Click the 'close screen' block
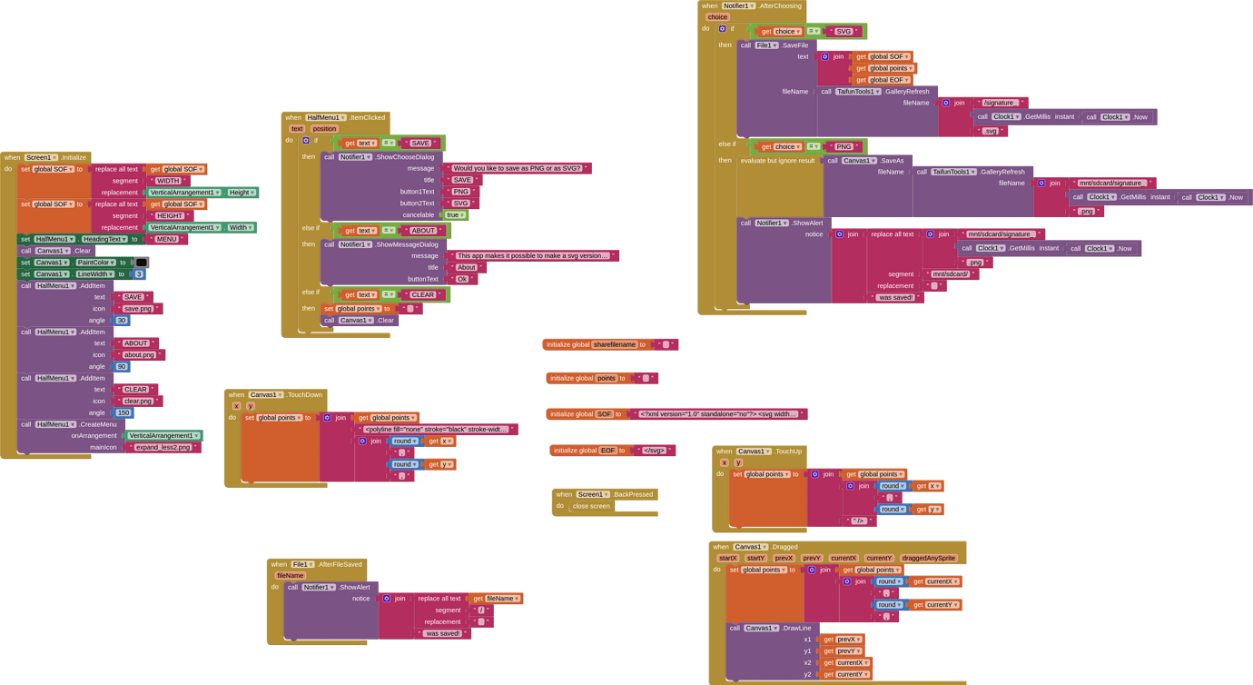point(591,506)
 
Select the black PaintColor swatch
point(142,263)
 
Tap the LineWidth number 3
point(139,274)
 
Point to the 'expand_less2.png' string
point(163,448)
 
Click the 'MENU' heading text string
point(166,239)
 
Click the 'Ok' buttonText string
point(462,279)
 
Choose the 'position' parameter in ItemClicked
point(324,129)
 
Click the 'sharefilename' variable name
point(614,345)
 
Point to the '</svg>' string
point(655,451)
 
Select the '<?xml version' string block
point(718,414)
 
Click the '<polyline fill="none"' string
point(436,430)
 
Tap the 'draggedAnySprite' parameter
point(929,558)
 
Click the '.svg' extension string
point(990,131)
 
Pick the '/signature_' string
point(1000,103)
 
